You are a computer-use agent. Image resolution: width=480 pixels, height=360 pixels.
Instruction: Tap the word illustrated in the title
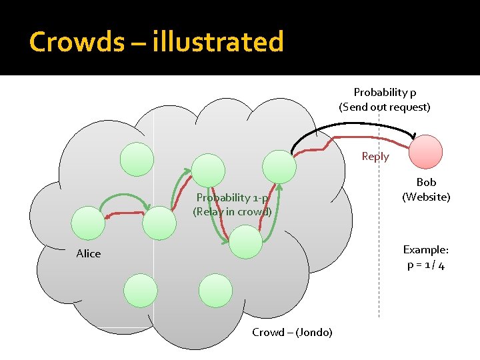218,42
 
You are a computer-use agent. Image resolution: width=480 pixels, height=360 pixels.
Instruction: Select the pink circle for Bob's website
425,151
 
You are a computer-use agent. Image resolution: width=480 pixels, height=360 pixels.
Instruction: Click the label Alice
88,253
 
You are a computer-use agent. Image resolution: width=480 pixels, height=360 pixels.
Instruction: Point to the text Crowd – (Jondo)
292,332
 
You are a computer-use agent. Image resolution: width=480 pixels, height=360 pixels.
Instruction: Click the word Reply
375,156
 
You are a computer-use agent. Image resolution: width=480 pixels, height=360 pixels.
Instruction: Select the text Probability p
385,92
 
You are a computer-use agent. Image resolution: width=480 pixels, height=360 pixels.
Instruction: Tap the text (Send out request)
385,107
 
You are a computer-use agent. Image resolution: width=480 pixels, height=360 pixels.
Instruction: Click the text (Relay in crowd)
232,212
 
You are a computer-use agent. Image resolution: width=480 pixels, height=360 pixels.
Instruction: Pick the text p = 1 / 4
426,265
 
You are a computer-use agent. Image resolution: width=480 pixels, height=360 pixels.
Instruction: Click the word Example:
426,249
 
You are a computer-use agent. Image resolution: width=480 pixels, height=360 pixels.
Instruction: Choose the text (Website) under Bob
426,197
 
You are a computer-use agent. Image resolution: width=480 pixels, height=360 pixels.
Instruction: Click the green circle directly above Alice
88,223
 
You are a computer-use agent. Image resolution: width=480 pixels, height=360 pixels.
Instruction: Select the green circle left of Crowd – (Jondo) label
215,291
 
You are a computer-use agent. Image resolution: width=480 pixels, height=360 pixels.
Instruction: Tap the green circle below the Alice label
140,291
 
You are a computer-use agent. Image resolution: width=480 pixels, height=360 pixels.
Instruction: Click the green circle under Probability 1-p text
245,241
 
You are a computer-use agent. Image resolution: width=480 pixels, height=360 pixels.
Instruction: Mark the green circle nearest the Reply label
279,166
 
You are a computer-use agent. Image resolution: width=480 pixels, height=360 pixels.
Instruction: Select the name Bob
426,182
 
